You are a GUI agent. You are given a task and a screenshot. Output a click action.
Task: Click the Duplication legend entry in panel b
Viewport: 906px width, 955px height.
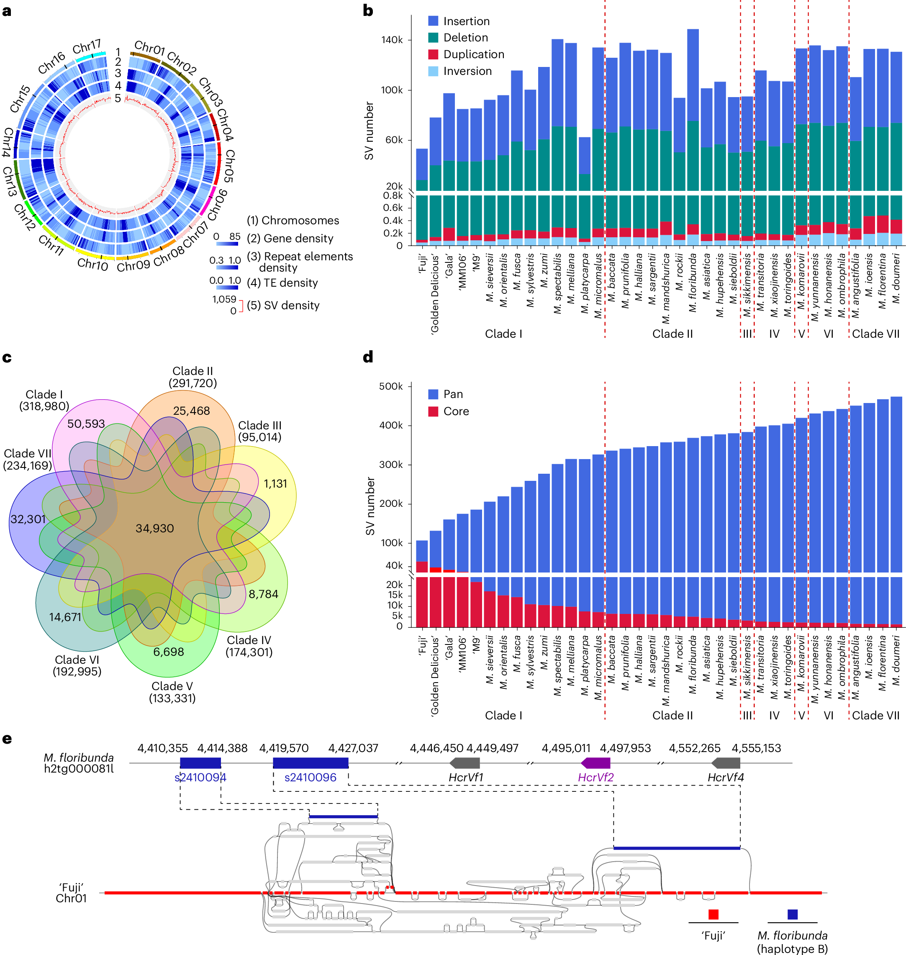(x=473, y=54)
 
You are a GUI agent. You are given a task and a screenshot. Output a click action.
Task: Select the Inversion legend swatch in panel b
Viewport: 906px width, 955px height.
(x=433, y=71)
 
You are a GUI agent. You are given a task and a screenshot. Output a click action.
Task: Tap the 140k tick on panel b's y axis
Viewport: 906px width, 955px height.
(x=392, y=40)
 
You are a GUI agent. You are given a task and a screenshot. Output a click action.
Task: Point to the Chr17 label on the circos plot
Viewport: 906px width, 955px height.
(x=87, y=47)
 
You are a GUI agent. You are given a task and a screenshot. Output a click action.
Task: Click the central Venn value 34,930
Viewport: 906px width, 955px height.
(x=154, y=528)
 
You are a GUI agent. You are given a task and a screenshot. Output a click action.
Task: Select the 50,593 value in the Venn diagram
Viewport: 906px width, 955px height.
(x=86, y=424)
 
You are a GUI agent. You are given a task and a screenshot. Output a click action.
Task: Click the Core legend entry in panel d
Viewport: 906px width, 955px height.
(x=456, y=411)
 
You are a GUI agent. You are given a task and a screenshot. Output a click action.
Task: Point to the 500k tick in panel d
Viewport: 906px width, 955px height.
(x=391, y=386)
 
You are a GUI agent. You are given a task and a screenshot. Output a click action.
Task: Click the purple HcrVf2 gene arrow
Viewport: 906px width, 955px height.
(x=595, y=763)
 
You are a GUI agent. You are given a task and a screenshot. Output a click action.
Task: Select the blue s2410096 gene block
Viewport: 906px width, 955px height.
(x=311, y=763)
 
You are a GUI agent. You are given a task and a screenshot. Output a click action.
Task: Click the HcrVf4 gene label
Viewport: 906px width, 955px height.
(x=725, y=777)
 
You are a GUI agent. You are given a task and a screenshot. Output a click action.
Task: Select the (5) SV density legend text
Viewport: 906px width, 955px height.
(x=283, y=305)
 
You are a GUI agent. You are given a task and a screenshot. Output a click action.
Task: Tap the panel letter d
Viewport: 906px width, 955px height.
(x=368, y=357)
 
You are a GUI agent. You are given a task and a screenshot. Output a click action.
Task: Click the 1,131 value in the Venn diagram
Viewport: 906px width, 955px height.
(x=275, y=483)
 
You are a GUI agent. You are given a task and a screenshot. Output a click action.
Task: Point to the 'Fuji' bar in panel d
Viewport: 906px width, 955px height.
(x=421, y=580)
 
